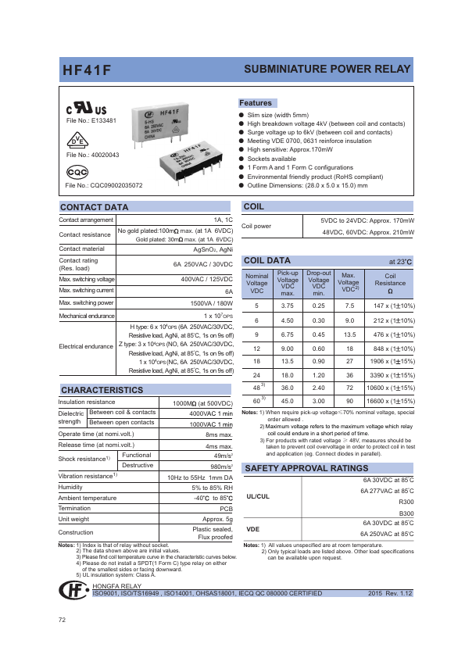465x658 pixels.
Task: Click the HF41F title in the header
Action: pos(87,70)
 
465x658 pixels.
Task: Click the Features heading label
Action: pos(256,103)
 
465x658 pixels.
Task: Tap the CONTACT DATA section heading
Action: pos(94,207)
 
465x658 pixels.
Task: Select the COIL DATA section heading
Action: pos(267,260)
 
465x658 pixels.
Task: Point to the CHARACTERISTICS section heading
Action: pos(102,390)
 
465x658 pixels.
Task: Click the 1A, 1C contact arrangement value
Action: pos(223,220)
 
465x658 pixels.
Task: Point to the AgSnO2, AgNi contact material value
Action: pos(212,249)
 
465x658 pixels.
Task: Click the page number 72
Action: pos(63,620)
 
